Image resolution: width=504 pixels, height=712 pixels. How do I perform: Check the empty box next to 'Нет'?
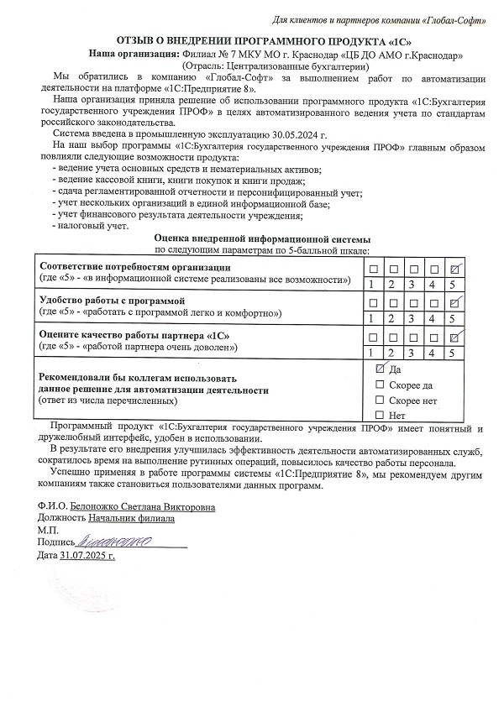[x=380, y=415]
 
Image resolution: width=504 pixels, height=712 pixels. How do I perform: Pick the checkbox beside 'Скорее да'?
[x=380, y=384]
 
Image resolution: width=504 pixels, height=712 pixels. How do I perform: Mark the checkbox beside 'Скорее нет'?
[x=380, y=400]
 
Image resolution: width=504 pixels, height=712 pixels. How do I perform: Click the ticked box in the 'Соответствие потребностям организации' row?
[x=454, y=269]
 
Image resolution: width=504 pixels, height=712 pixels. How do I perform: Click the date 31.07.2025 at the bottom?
[x=87, y=556]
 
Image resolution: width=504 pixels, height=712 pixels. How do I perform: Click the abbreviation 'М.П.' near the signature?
[x=48, y=531]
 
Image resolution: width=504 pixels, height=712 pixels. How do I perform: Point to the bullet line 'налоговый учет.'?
[x=92, y=226]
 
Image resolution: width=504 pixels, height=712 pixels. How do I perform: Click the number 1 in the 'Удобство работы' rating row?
[x=372, y=318]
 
